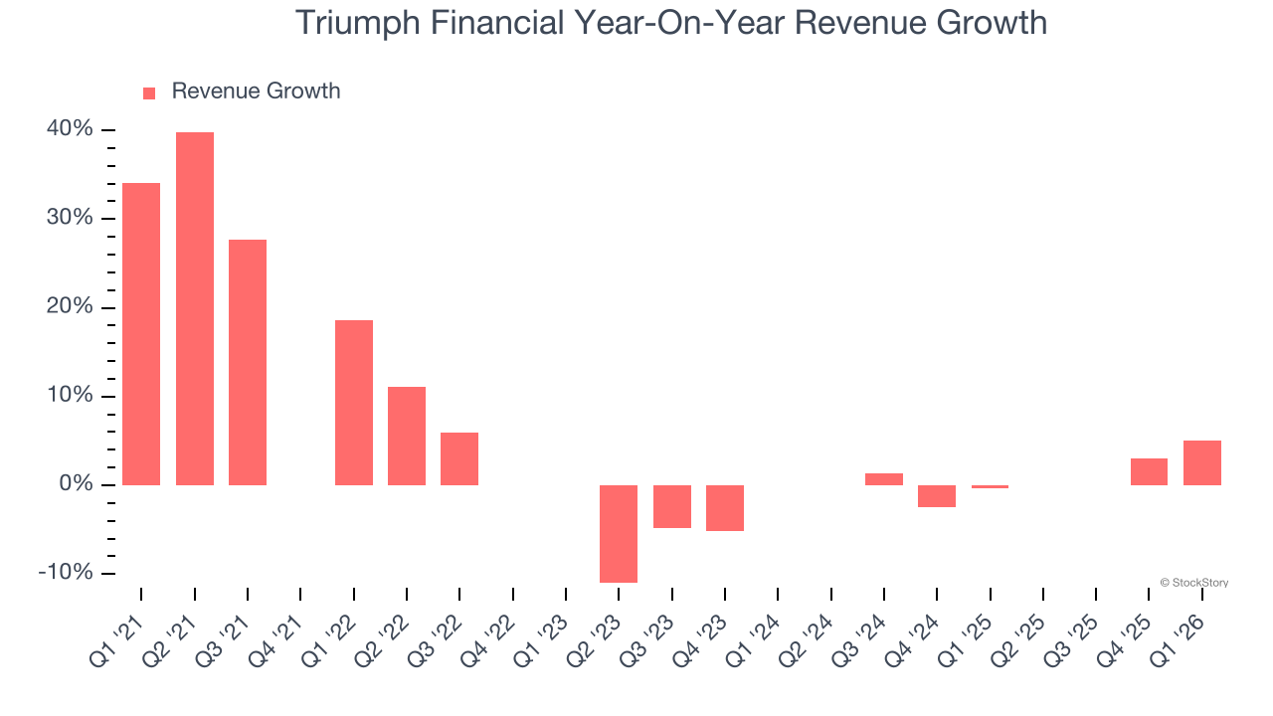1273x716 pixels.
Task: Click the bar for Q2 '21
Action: tap(195, 308)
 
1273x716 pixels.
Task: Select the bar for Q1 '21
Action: tap(141, 334)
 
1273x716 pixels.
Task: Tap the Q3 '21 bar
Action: tap(248, 362)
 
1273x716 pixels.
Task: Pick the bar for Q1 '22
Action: tap(354, 403)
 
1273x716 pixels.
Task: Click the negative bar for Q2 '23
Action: tap(619, 533)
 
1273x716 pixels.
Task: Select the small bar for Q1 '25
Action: tap(990, 487)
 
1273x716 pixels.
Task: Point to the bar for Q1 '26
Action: tap(1201, 462)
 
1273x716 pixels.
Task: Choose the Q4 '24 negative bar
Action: tap(937, 496)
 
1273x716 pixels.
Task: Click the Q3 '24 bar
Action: tap(884, 479)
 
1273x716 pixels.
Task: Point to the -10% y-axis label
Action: tap(66, 574)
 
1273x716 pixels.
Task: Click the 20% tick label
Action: tap(70, 307)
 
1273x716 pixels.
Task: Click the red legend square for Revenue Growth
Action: tap(149, 93)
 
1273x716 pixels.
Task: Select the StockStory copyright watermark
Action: tap(1193, 583)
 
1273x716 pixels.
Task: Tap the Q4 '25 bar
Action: tap(1149, 471)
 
